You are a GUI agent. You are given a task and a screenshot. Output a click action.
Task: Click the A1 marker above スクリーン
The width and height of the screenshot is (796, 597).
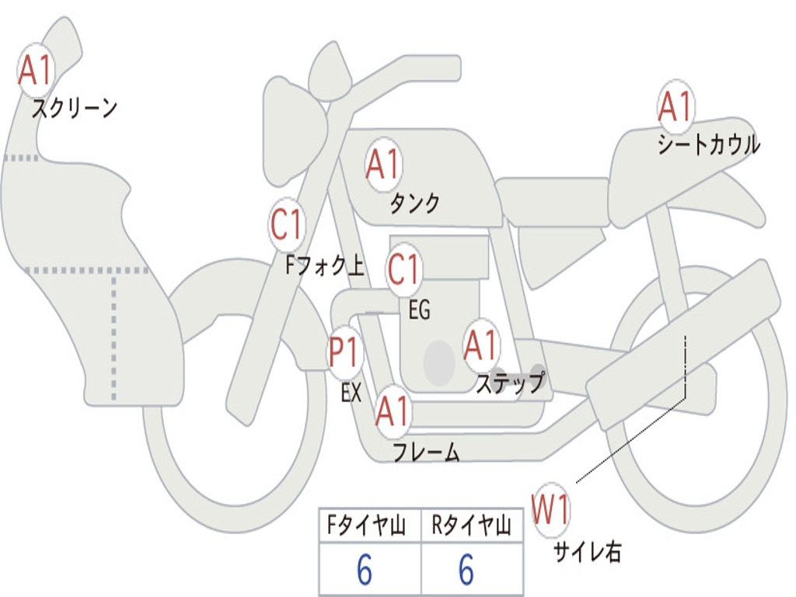(34, 71)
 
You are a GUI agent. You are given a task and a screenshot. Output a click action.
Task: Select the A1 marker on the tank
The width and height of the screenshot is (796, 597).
(382, 164)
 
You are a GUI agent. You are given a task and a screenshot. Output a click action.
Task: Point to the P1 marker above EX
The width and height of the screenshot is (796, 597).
(344, 352)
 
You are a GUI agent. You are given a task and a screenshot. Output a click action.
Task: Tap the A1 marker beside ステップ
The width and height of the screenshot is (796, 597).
(481, 345)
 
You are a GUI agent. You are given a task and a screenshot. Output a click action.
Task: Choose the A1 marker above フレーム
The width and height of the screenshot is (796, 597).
(392, 411)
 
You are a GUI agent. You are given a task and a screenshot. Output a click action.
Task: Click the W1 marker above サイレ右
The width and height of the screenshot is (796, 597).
(550, 511)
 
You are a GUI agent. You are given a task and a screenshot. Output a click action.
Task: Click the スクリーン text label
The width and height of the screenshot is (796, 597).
(74, 108)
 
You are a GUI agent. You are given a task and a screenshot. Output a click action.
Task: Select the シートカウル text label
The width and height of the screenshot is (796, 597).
(708, 145)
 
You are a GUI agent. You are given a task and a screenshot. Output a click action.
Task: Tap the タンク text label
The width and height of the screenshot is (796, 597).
(414, 204)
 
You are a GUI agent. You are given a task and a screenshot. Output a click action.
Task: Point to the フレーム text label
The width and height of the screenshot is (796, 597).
(425, 452)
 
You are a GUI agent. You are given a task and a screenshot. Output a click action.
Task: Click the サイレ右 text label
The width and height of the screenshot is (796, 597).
(587, 552)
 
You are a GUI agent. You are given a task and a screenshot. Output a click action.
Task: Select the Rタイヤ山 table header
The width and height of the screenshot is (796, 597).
(471, 526)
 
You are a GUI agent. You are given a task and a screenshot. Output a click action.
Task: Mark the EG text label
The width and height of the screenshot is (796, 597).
(419, 311)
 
